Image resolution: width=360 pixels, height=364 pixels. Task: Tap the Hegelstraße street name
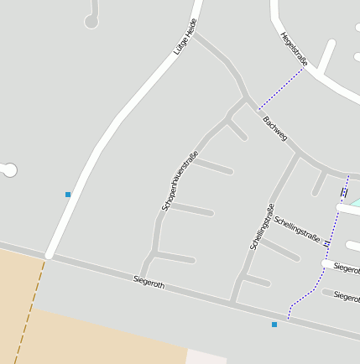(x=295, y=49)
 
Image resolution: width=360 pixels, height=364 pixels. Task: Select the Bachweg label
(x=275, y=128)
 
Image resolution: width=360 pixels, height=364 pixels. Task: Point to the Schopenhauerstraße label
(x=180, y=180)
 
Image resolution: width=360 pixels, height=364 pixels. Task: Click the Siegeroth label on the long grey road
(x=149, y=283)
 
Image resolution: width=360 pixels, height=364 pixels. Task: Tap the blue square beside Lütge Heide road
(x=68, y=195)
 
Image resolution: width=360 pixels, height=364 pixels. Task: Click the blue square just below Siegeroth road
(x=274, y=324)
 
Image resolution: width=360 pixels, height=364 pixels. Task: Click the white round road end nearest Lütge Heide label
(x=91, y=22)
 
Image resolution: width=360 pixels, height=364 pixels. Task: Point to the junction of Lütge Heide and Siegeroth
(x=50, y=255)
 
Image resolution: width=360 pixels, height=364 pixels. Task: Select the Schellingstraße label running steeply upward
(x=262, y=226)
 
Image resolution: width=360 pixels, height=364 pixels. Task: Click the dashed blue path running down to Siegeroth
(x=332, y=243)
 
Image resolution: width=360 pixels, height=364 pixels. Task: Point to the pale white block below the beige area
(x=206, y=356)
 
